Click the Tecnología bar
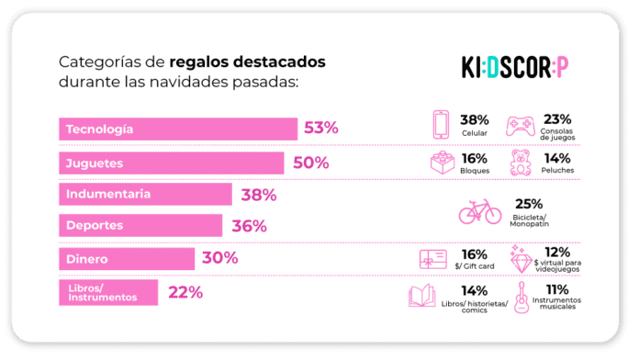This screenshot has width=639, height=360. click(177, 129)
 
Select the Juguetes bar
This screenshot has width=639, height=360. click(171, 163)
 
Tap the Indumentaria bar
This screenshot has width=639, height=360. click(144, 194)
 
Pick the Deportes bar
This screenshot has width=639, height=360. click(140, 225)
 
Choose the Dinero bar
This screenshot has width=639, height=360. click(126, 259)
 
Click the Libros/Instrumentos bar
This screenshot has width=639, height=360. click(107, 292)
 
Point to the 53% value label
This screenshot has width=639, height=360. click(321, 129)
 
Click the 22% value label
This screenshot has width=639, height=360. click(185, 292)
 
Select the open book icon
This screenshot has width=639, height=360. click(423, 296)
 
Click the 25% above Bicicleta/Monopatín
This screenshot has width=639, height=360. click(529, 204)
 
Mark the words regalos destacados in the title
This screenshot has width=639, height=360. click(247, 62)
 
